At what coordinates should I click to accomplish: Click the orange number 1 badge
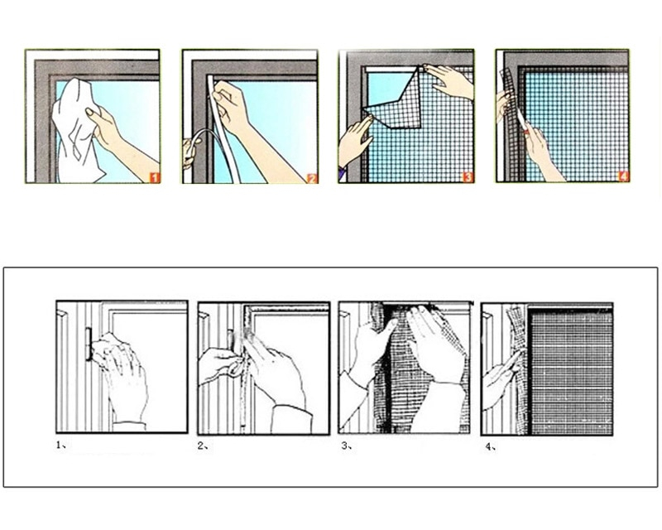click(x=154, y=176)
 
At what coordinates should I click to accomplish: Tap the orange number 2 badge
click(x=311, y=176)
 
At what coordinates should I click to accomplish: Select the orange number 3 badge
click(x=468, y=176)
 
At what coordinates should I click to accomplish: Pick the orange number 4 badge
click(x=623, y=176)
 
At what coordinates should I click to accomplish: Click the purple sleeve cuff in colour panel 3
click(x=342, y=173)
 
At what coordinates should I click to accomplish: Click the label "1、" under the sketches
click(x=61, y=445)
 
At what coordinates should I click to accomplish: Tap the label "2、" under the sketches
click(x=203, y=446)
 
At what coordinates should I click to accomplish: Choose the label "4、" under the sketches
click(x=490, y=446)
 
